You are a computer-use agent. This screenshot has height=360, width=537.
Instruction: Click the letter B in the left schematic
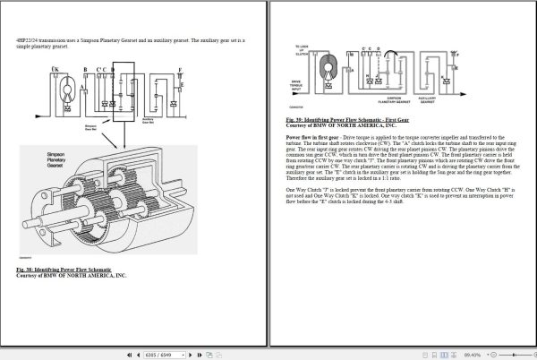[x=84, y=69]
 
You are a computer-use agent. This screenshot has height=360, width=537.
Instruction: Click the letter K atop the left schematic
[x=55, y=69]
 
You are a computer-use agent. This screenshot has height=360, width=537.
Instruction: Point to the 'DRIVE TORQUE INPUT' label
[x=300, y=87]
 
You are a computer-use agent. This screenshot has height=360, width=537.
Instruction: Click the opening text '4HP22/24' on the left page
[x=28, y=40]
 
